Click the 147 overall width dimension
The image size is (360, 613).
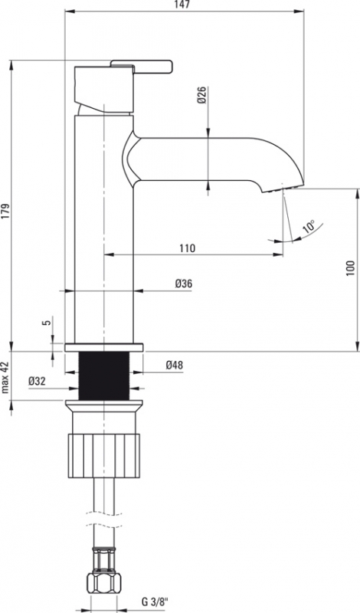(x=182, y=5)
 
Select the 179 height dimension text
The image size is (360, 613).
(x=5, y=211)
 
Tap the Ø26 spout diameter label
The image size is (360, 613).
(x=201, y=94)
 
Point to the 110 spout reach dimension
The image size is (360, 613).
(x=187, y=247)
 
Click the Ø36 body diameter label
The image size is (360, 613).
(x=184, y=284)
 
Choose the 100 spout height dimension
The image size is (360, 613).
(x=350, y=269)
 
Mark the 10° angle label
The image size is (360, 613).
(x=309, y=227)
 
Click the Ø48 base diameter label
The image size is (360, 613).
(x=175, y=366)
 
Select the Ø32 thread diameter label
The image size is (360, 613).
(x=37, y=381)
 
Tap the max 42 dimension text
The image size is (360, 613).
(x=5, y=377)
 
